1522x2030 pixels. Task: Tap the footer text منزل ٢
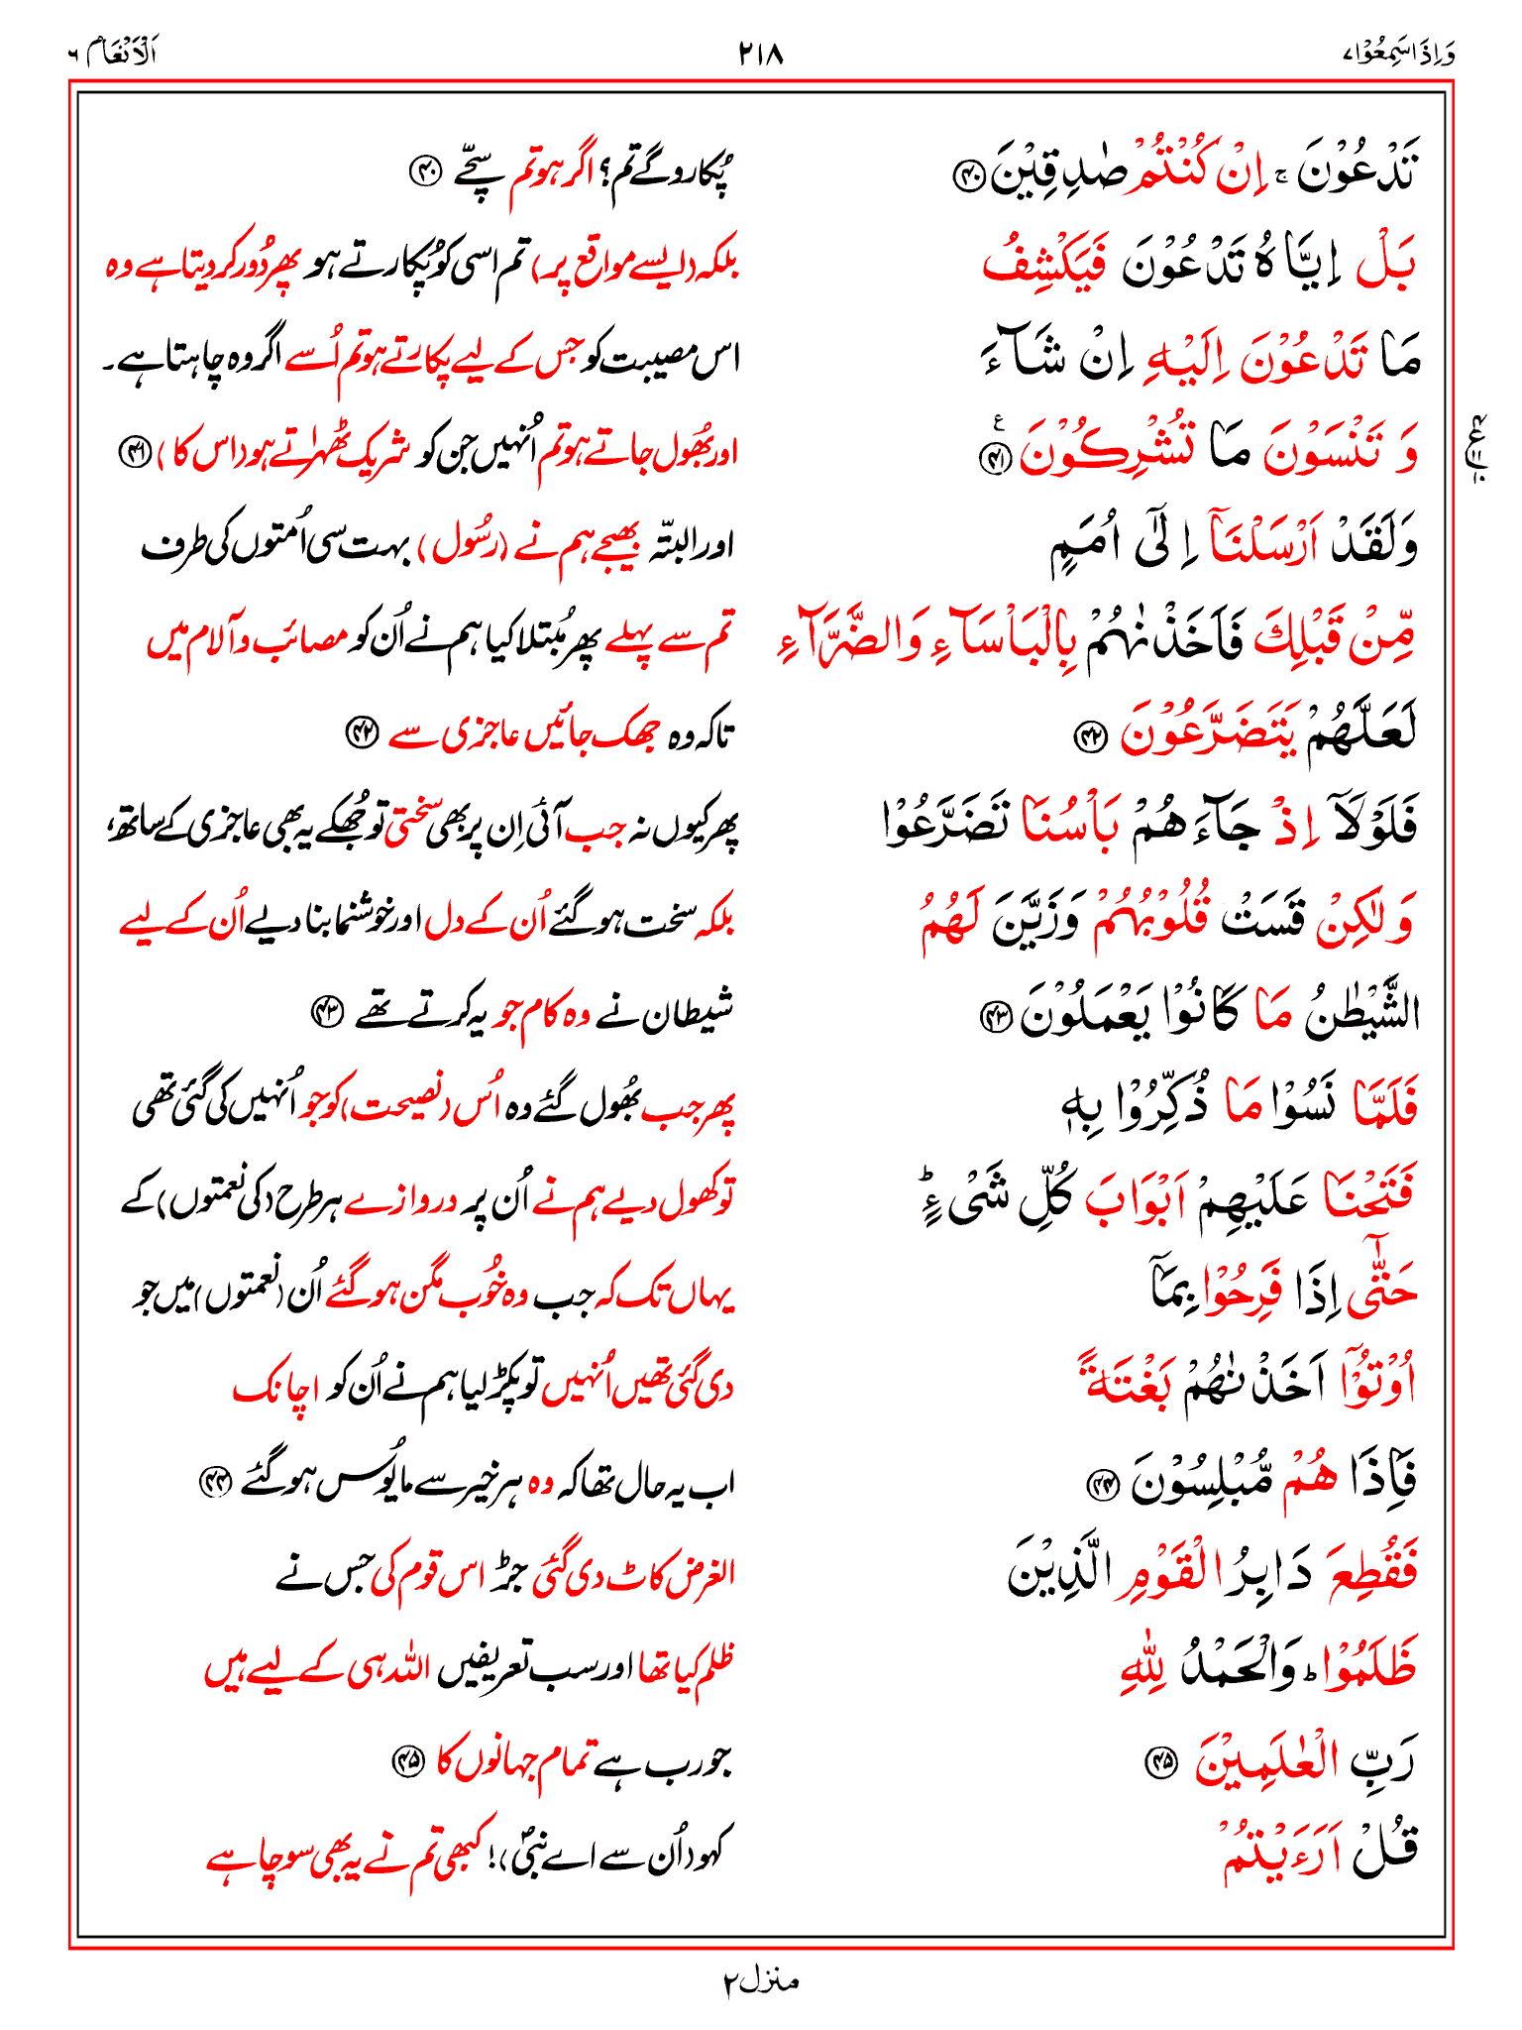click(760, 1981)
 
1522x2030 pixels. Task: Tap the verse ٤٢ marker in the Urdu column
click(361, 732)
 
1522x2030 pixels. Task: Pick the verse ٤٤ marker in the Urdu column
click(214, 1481)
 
